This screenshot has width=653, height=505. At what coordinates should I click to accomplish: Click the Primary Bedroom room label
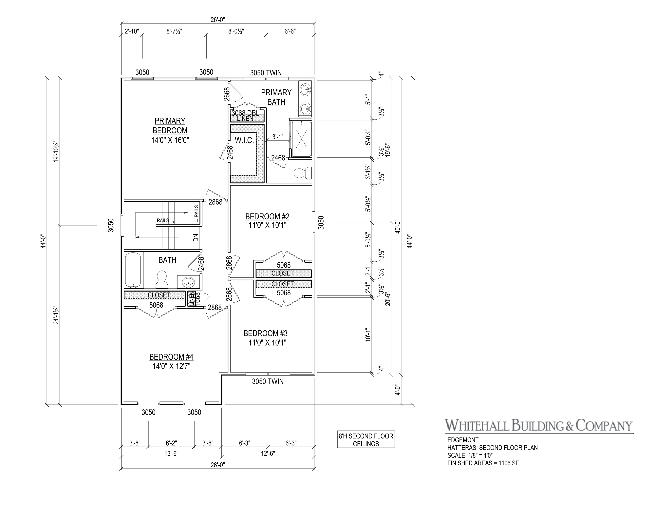click(170, 126)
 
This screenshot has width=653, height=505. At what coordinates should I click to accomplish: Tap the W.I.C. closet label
click(244, 140)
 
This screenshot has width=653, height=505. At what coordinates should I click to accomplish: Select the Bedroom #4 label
click(171, 357)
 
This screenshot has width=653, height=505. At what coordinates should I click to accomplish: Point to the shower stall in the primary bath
click(301, 139)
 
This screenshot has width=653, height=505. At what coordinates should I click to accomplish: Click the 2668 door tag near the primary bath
click(227, 94)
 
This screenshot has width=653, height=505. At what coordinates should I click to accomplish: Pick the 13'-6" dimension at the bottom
click(171, 453)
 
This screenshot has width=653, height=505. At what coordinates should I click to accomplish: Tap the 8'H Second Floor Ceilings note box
click(366, 440)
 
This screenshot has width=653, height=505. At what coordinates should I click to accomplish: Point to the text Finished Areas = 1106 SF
click(483, 463)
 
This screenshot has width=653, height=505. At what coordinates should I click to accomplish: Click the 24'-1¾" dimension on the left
click(56, 315)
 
